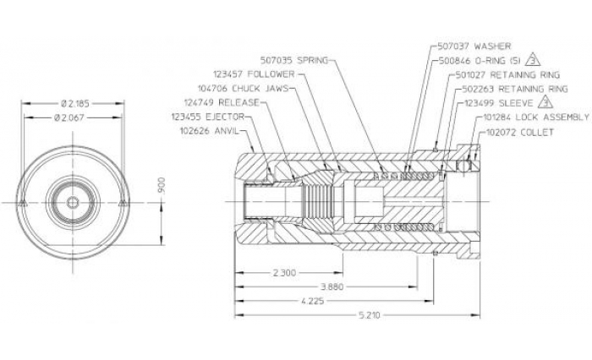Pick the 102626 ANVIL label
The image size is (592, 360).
click(x=211, y=131)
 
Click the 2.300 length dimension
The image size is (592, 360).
click(x=285, y=274)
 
